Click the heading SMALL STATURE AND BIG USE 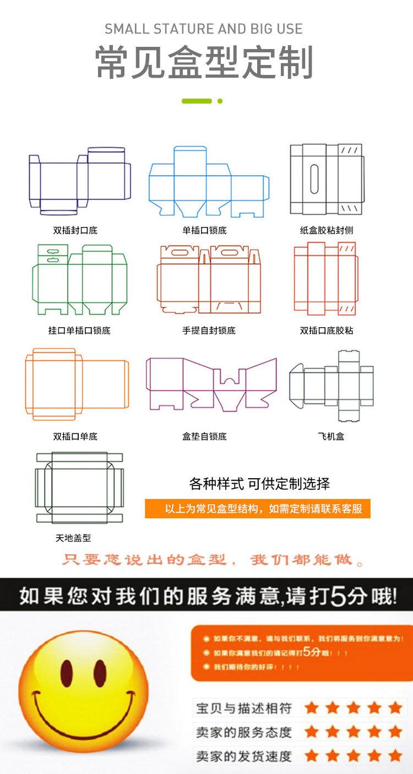[204, 29]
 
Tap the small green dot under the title [220, 101]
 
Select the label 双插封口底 [75, 230]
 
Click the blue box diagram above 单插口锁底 [209, 182]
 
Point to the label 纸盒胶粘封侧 [326, 230]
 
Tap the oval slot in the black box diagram [316, 179]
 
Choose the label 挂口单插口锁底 [79, 331]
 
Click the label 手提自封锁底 [209, 331]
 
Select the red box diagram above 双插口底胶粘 [325, 278]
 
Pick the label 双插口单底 [75, 436]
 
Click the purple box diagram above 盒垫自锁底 [211, 383]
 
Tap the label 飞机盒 [331, 436]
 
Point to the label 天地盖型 [73, 538]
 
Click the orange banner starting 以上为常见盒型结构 [258, 508]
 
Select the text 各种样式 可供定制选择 [259, 484]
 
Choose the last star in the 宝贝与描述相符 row [395, 708]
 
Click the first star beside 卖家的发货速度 [312, 756]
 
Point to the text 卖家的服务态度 [244, 733]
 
